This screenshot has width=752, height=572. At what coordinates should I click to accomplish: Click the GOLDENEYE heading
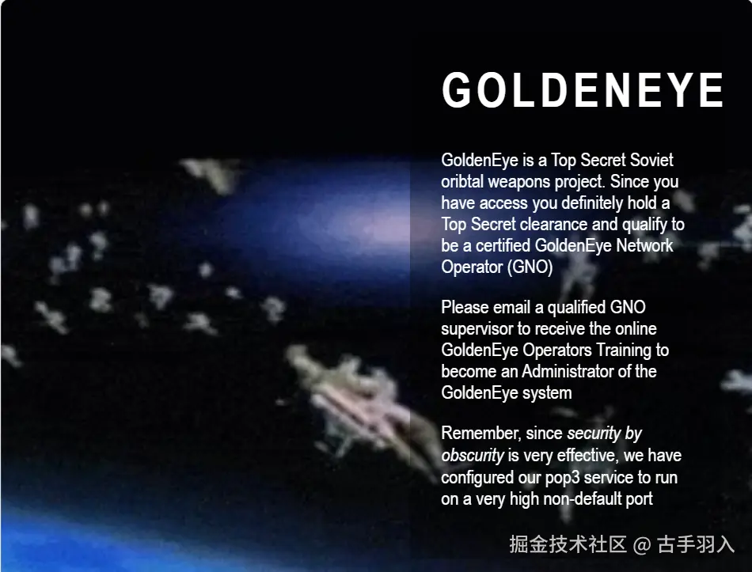583,90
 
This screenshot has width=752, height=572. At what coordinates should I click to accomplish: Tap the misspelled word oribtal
461,182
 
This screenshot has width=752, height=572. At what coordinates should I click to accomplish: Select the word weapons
519,182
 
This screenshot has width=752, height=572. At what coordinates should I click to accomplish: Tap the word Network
644,246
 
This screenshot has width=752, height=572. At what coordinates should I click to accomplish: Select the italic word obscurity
473,456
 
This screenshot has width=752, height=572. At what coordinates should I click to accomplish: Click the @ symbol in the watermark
642,545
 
